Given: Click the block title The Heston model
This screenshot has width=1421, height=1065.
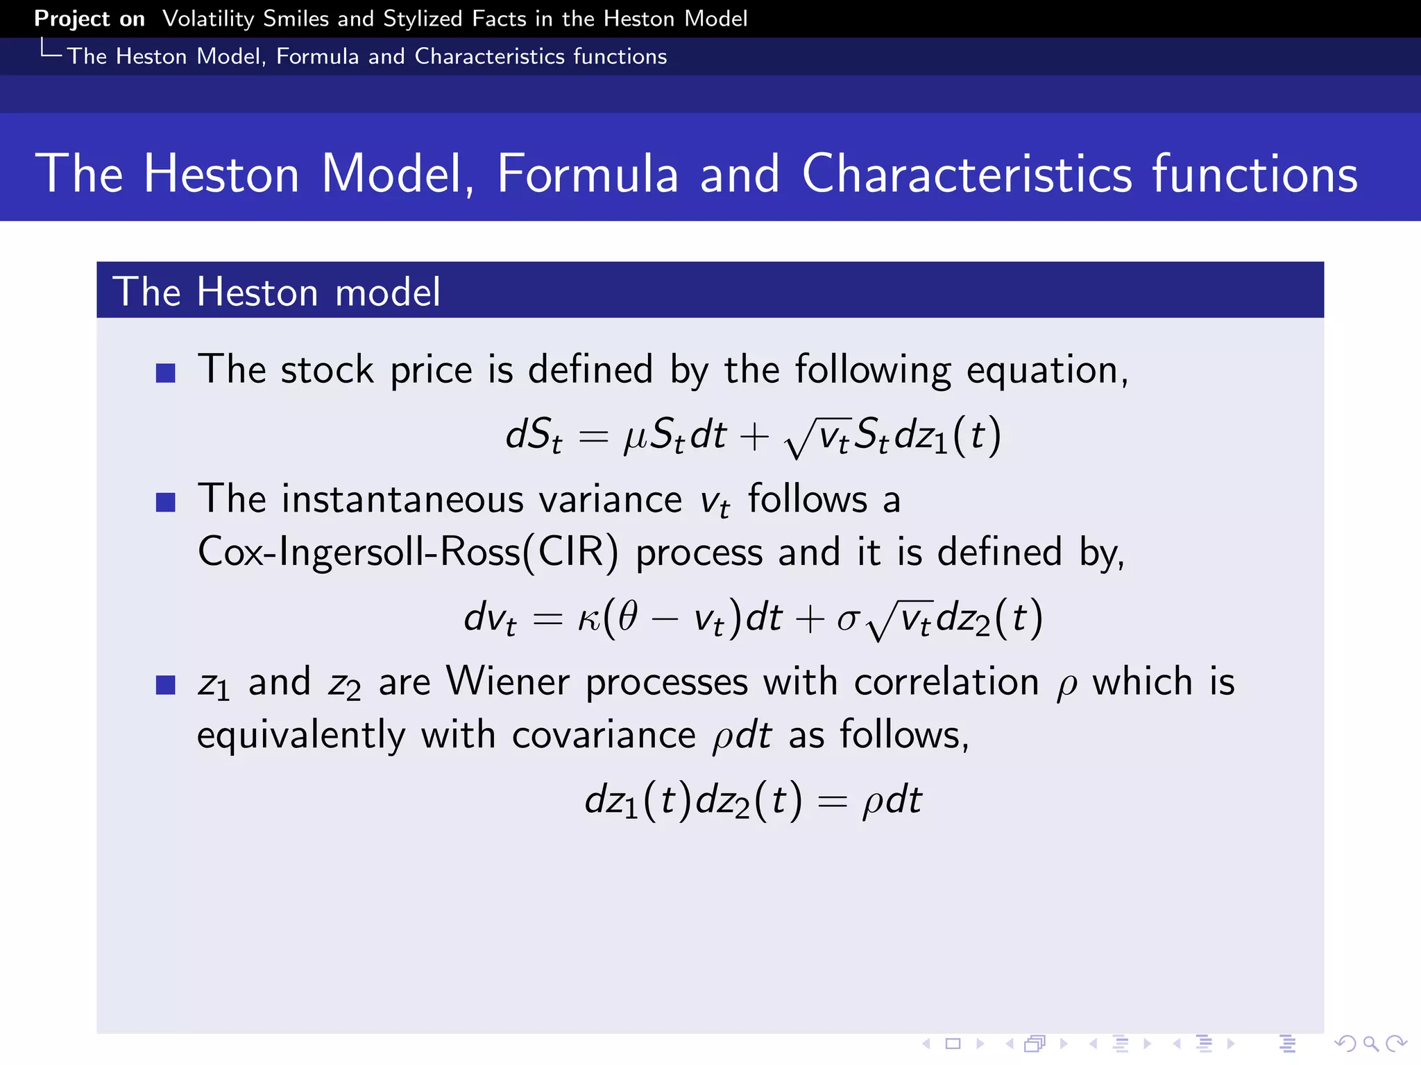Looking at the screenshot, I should [x=276, y=291].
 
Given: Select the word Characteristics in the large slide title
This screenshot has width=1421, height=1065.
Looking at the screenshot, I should [x=967, y=173].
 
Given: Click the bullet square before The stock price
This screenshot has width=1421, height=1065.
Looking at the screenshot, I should [x=165, y=373].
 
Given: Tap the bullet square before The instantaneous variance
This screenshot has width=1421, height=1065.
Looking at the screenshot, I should [x=165, y=502].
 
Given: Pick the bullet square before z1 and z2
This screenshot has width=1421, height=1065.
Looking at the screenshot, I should [x=165, y=685].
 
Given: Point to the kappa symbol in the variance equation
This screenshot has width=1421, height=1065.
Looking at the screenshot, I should [x=589, y=618].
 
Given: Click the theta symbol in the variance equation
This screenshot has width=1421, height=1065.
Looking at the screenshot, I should [x=628, y=616].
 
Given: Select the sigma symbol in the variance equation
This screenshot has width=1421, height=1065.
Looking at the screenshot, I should [x=848, y=618].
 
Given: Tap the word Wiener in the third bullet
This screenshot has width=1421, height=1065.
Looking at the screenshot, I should [x=507, y=682].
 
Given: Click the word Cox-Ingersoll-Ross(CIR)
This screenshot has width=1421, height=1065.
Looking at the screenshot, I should [x=407, y=553].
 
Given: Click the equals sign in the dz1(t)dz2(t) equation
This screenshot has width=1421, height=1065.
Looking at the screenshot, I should [x=832, y=802].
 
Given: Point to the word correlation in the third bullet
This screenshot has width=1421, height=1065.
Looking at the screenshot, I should [x=946, y=682].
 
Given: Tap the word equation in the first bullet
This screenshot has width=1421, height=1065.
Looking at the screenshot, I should [x=1046, y=370].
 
